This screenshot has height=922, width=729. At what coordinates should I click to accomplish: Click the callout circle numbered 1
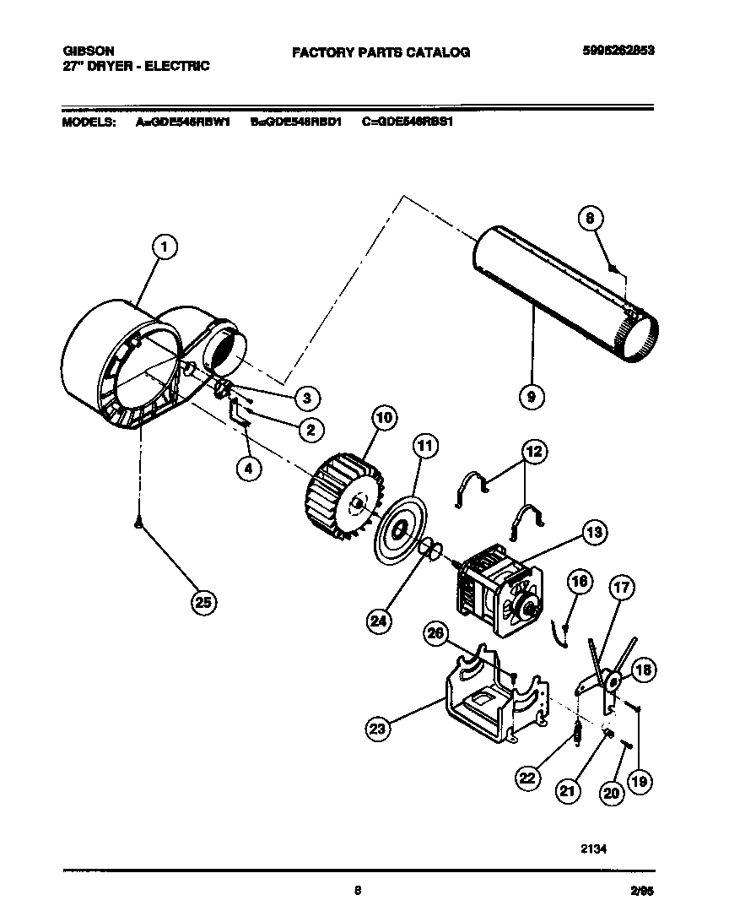click(x=165, y=247)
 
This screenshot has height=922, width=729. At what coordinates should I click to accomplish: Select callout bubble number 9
click(x=532, y=396)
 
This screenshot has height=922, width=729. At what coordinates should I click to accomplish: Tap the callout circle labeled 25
click(x=203, y=601)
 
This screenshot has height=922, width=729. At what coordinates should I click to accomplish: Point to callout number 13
click(x=594, y=532)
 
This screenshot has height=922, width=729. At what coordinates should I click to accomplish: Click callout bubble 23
click(x=380, y=727)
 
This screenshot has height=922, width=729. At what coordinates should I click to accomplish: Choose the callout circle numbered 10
click(x=384, y=418)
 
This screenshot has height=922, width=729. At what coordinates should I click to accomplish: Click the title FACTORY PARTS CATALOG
click(x=381, y=52)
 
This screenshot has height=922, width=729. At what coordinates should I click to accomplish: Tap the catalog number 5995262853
click(x=618, y=51)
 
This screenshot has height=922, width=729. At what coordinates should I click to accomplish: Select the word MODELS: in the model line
click(x=89, y=122)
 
